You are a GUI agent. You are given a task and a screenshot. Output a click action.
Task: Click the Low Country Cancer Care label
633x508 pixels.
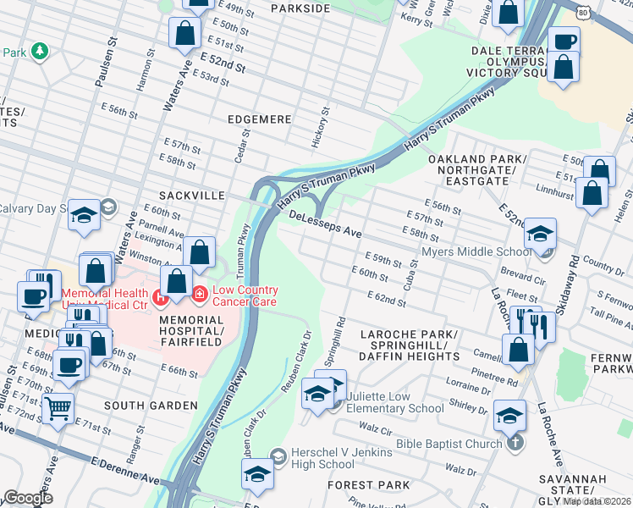(245, 295)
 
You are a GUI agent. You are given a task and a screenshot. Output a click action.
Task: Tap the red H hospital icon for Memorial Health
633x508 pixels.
(161, 298)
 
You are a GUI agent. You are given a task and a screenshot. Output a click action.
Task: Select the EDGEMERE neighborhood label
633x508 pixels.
(258, 120)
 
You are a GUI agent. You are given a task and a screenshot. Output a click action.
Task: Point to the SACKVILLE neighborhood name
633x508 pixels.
(191, 196)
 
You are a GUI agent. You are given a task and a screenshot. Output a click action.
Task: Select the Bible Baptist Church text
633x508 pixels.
(453, 444)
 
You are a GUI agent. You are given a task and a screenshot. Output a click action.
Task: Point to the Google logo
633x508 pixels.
(28, 499)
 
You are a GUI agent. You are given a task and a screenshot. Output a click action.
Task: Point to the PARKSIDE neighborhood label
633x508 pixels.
(300, 8)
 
